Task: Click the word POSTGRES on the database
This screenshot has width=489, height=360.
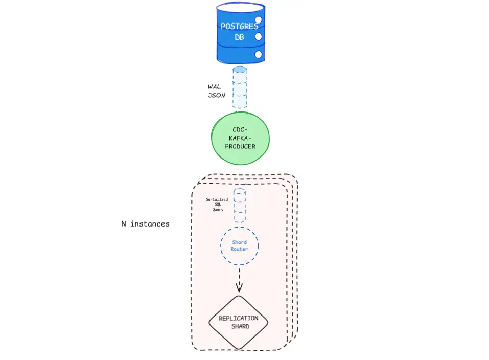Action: pyautogui.click(x=240, y=26)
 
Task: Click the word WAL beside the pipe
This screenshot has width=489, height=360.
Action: pyautogui.click(x=215, y=86)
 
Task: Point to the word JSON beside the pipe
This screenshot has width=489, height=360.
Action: pyautogui.click(x=216, y=95)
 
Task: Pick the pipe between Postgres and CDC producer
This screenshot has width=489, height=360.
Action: pyautogui.click(x=240, y=87)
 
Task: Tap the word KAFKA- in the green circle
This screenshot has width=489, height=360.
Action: pyautogui.click(x=240, y=138)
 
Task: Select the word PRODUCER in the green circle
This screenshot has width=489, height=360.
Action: pyautogui.click(x=240, y=146)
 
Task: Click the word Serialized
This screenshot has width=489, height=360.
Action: pyautogui.click(x=217, y=199)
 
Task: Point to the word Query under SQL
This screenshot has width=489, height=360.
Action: pyautogui.click(x=218, y=210)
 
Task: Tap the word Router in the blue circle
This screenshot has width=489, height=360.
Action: pyautogui.click(x=239, y=249)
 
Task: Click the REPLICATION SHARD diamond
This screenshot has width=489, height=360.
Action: pyautogui.click(x=239, y=322)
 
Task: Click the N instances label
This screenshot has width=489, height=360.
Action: pyautogui.click(x=145, y=224)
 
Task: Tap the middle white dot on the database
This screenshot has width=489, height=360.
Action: pyautogui.click(x=258, y=37)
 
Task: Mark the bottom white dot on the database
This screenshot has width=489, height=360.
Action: pyautogui.click(x=258, y=54)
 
